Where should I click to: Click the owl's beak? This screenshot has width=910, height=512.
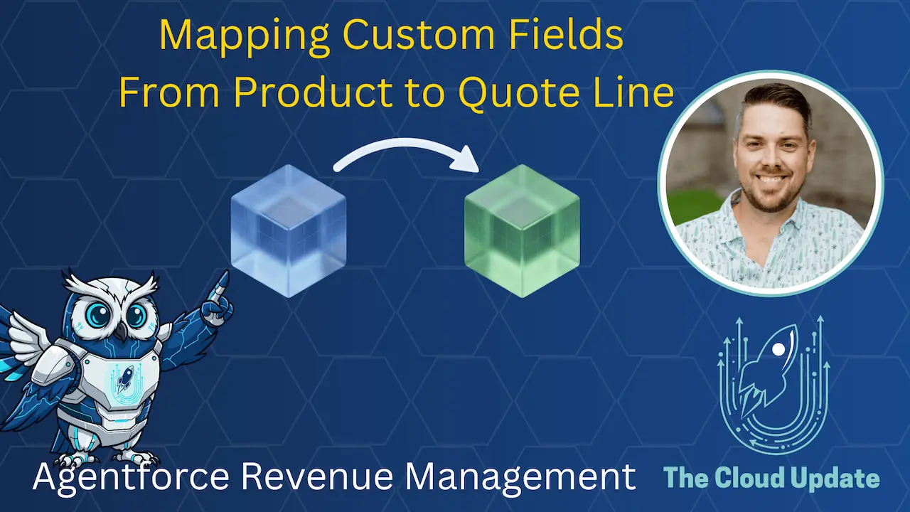point(122,331)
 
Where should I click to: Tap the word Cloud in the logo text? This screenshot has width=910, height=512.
point(754,478)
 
